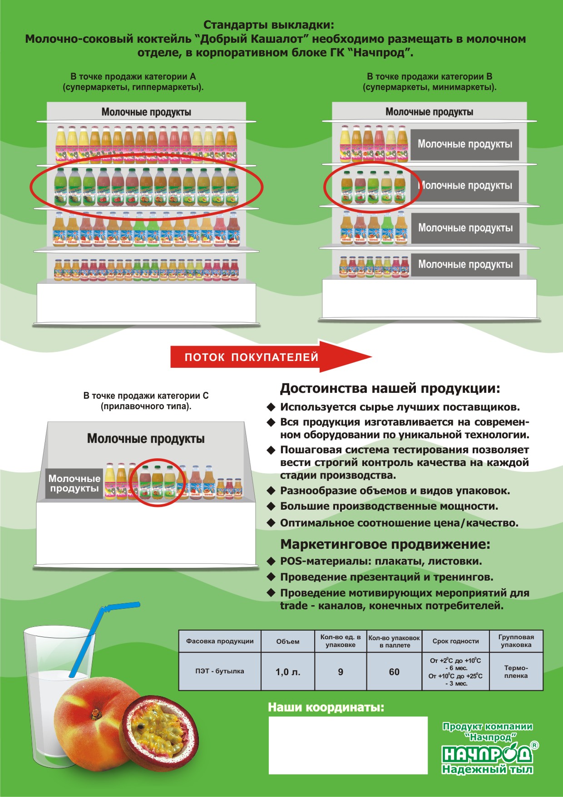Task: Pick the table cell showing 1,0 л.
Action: tap(288, 672)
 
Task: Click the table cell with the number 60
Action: tap(394, 672)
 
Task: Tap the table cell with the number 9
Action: tap(341, 672)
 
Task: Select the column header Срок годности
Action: tap(455, 641)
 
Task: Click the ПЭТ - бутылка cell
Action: tap(220, 671)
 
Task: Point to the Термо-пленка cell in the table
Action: tap(516, 672)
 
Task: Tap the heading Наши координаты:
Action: tap(326, 707)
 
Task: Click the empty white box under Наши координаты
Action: tap(348, 745)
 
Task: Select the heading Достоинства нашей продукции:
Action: tap(390, 388)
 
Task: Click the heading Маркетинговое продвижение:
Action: tap(385, 544)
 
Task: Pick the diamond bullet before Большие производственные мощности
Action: tap(271, 506)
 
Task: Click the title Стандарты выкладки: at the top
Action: tap(268, 25)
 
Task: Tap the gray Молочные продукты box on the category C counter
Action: tap(74, 483)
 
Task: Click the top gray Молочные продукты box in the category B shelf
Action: tap(464, 144)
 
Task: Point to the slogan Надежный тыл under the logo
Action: tap(487, 769)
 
